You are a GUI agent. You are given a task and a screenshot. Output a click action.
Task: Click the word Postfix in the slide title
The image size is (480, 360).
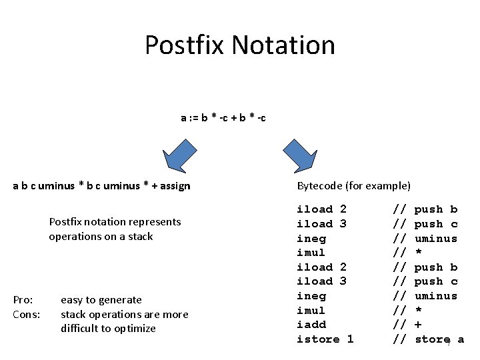coord(185,45)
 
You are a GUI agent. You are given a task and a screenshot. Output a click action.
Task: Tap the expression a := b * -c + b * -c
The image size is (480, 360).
coord(223,118)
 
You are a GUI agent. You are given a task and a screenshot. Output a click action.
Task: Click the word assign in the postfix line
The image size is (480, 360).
coord(174,186)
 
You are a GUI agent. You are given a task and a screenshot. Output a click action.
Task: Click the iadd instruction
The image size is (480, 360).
coord(311,325)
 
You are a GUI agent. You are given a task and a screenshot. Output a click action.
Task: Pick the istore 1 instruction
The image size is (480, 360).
coord(325,339)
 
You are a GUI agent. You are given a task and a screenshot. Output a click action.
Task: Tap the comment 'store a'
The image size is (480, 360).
coord(438,339)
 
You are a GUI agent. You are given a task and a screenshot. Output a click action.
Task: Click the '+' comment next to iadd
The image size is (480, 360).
coord(418,325)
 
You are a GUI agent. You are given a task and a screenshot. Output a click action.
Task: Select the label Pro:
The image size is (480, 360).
coord(23,300)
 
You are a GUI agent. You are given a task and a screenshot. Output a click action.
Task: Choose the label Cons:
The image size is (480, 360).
coord(27,314)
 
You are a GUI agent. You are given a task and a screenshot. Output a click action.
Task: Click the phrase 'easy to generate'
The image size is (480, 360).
coord(101,300)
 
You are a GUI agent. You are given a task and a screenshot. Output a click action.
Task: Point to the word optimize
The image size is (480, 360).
coord(135,328)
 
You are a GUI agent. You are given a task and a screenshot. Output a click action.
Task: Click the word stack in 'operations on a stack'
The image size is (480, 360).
coord(140,236)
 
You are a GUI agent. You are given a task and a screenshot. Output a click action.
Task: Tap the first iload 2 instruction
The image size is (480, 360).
coord(321,209)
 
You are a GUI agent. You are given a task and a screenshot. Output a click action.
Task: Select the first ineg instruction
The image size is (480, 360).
coord(311,238)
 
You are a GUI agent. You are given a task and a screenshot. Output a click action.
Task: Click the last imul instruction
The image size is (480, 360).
coord(311,311)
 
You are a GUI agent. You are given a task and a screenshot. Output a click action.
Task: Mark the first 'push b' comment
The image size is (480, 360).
coord(436,209)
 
